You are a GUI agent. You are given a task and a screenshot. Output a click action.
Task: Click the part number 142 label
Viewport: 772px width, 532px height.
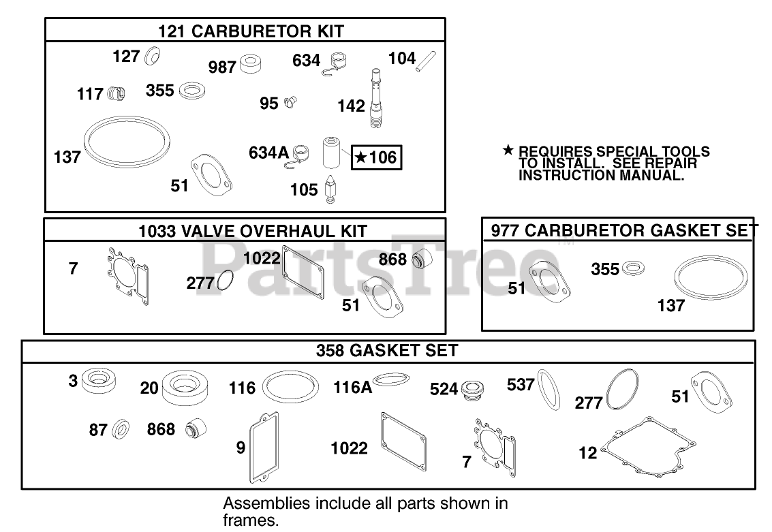coord(351,106)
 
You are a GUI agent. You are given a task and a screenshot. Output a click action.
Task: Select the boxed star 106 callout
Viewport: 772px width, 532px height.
coord(375,158)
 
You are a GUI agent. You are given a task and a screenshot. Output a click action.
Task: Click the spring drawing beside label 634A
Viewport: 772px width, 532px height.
coord(302,154)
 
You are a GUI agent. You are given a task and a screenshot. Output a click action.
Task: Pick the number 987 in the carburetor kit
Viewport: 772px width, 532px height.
coord(222,67)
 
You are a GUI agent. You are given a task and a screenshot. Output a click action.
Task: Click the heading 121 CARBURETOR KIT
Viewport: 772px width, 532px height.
coord(251,31)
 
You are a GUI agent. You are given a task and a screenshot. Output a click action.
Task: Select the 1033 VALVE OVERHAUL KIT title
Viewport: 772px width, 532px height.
coord(253,231)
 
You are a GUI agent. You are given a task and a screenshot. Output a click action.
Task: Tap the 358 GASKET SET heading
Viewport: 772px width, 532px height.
coord(387,351)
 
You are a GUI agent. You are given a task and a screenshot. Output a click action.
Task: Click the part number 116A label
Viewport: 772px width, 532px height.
coord(352,388)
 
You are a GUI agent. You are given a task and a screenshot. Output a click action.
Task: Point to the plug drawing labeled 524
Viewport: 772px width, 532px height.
coord(470,389)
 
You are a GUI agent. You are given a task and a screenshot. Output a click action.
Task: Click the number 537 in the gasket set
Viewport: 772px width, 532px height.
coord(521,385)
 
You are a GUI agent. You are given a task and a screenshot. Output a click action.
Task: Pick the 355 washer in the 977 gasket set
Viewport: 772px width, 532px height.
coord(633,267)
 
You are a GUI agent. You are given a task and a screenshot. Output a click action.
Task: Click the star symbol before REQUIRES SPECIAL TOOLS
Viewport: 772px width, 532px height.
coord(508,150)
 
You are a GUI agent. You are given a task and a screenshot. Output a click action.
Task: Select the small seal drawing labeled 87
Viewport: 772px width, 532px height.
coord(121,430)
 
